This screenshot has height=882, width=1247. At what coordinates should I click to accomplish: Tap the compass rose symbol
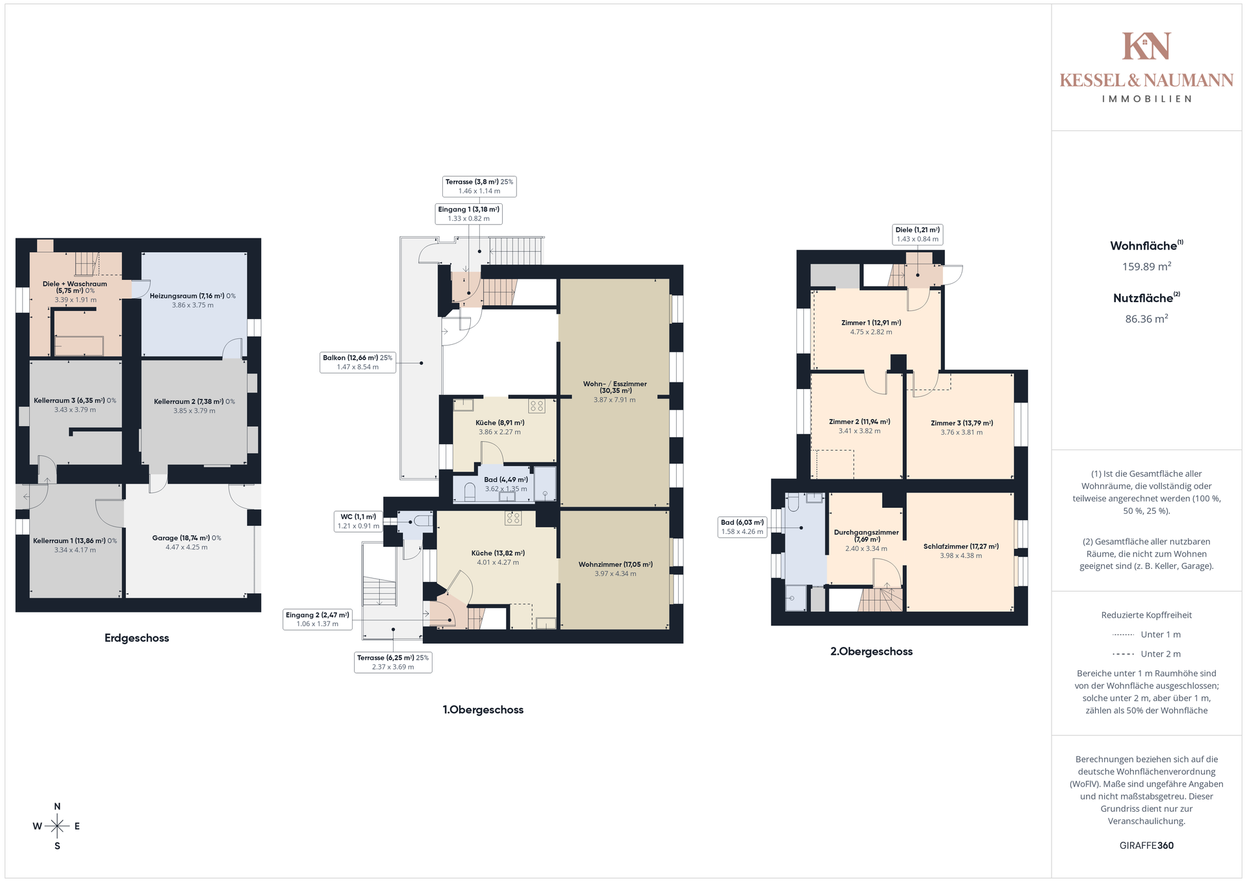(x=57, y=826)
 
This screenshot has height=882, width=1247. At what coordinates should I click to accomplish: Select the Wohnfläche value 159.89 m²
(x=1146, y=266)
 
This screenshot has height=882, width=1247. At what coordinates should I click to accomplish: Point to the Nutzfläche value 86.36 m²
(x=1146, y=319)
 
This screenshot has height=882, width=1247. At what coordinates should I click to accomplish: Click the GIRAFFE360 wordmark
(x=1146, y=846)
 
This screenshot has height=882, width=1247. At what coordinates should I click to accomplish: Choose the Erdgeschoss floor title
(x=136, y=638)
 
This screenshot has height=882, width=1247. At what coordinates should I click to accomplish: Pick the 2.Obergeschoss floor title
(x=871, y=651)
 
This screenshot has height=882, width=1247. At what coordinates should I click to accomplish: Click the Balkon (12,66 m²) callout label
(x=357, y=362)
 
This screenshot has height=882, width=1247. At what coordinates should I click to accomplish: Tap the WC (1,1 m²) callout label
(x=358, y=522)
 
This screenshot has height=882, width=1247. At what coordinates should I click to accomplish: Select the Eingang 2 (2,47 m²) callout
(x=318, y=619)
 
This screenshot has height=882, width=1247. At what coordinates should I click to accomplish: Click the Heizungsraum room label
(x=193, y=300)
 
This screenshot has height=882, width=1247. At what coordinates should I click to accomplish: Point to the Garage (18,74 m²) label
(x=186, y=542)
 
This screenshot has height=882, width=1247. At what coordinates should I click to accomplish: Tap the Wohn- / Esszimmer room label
(x=614, y=392)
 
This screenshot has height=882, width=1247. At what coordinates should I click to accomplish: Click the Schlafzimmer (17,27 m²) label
(x=961, y=551)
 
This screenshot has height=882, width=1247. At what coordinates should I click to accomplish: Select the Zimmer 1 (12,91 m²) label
(x=871, y=327)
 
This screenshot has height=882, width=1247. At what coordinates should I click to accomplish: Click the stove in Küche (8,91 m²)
(x=536, y=407)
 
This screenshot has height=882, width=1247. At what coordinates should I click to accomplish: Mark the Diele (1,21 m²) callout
(x=917, y=234)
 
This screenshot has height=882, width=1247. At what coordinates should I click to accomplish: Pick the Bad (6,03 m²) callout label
(x=742, y=527)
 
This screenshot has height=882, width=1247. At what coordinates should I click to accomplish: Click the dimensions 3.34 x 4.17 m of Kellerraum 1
(x=75, y=550)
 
